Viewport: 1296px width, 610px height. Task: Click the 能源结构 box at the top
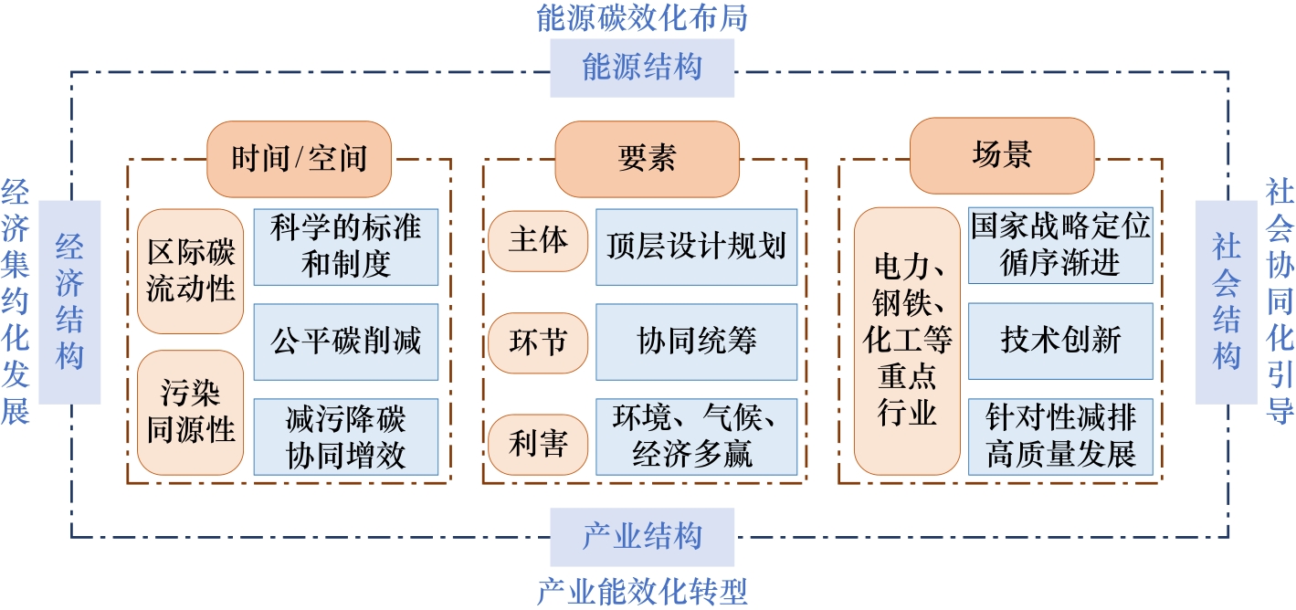pos(642,68)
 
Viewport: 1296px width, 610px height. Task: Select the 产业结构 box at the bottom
pos(642,536)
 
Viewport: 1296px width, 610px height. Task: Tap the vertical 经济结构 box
pos(69,301)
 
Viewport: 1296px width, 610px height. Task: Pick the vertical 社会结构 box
pos(1226,301)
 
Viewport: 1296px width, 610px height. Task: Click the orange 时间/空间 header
pos(299,159)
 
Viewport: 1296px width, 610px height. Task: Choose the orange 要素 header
pos(647,159)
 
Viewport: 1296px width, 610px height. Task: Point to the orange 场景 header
pos(1002,156)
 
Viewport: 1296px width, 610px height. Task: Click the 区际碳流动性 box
pos(191,271)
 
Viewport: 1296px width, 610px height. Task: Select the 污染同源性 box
pos(191,413)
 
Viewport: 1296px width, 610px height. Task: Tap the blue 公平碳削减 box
pos(346,342)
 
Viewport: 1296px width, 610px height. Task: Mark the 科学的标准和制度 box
pos(346,247)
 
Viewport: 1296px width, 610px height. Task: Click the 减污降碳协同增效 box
pos(346,436)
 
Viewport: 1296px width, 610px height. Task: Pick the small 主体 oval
pos(538,241)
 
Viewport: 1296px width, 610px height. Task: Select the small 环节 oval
pos(538,342)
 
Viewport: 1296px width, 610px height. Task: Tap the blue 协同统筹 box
pos(696,342)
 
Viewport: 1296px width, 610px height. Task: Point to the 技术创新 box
pos(1060,341)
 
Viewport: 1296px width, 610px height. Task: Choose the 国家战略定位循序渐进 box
pos(1060,246)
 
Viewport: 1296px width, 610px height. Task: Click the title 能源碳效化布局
pos(643,18)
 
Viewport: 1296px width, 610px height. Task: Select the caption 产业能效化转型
pos(643,591)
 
